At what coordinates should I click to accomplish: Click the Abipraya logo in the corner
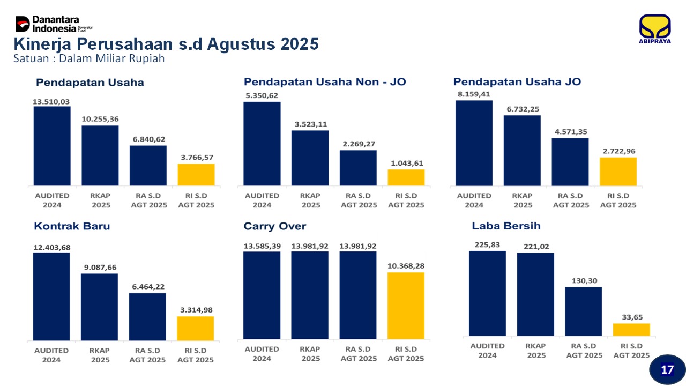tap(654, 29)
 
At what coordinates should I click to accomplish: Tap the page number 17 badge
tap(667, 369)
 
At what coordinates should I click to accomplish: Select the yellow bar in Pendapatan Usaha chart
tap(196, 175)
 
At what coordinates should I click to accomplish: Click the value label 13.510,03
tap(51, 101)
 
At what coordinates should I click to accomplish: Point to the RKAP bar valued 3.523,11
tap(310, 158)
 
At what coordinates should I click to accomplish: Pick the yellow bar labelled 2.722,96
tap(618, 172)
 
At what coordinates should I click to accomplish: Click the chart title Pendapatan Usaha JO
tap(517, 82)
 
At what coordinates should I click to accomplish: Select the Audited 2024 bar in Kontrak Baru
tap(51, 296)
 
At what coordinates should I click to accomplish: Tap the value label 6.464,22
tap(148, 287)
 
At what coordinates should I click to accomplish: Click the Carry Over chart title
tap(275, 226)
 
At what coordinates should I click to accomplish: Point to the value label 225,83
tap(487, 245)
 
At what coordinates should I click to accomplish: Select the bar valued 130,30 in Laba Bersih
tap(584, 311)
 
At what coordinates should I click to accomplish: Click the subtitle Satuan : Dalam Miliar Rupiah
tap(89, 58)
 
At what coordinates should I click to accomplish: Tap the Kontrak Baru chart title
tap(72, 226)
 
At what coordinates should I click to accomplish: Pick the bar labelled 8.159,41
tap(474, 143)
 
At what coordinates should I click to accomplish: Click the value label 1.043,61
tap(406, 163)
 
